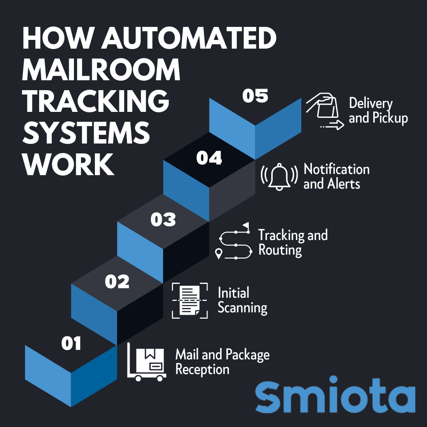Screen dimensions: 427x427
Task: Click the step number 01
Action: coord(71,344)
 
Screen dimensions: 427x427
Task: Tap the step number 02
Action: coord(117,282)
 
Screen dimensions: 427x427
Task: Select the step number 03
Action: coord(163,219)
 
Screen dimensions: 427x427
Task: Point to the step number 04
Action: coord(209,158)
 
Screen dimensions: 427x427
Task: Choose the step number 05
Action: coord(255,96)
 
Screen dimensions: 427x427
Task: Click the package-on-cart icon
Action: coord(147,362)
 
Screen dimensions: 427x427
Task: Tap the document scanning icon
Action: coord(190,300)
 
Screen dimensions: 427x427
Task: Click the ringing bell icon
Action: coord(279,177)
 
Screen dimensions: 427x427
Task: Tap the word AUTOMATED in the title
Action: coord(189,38)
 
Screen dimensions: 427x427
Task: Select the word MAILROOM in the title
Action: coord(101,70)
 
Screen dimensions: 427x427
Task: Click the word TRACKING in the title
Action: coord(96,101)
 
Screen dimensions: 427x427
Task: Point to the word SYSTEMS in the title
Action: coord(86,132)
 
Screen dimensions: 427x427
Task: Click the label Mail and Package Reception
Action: coord(223,362)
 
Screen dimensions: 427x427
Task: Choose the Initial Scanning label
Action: coord(242,300)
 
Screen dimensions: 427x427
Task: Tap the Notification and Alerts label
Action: coord(336,176)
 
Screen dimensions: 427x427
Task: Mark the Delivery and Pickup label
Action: coord(378,111)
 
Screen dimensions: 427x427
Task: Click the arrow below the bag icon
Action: coord(332,126)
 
